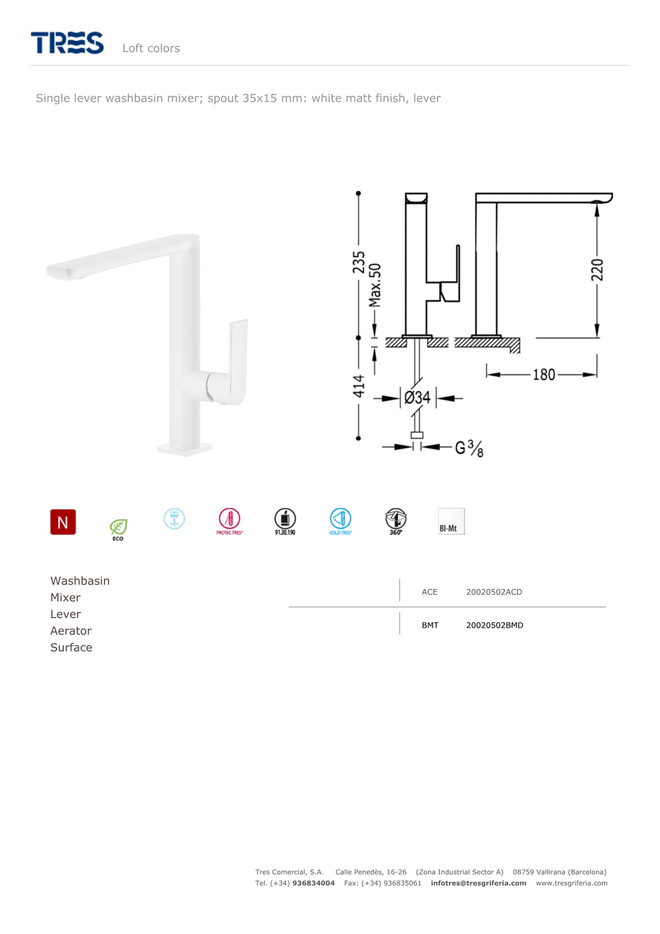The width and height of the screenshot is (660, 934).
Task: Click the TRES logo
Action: pos(67,42)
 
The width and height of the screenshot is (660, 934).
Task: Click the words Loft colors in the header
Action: pos(151,48)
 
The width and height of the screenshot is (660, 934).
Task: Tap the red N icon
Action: pos(63,522)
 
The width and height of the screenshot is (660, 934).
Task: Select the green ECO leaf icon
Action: pos(118,529)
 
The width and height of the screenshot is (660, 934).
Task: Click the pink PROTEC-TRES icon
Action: pos(229,521)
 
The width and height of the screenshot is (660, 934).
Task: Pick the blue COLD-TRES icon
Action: pos(340,521)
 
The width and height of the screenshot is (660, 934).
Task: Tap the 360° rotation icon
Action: pos(396,521)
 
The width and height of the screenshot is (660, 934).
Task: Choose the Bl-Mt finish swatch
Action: pos(451,521)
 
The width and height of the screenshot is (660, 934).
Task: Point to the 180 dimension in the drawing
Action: pos(544,374)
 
